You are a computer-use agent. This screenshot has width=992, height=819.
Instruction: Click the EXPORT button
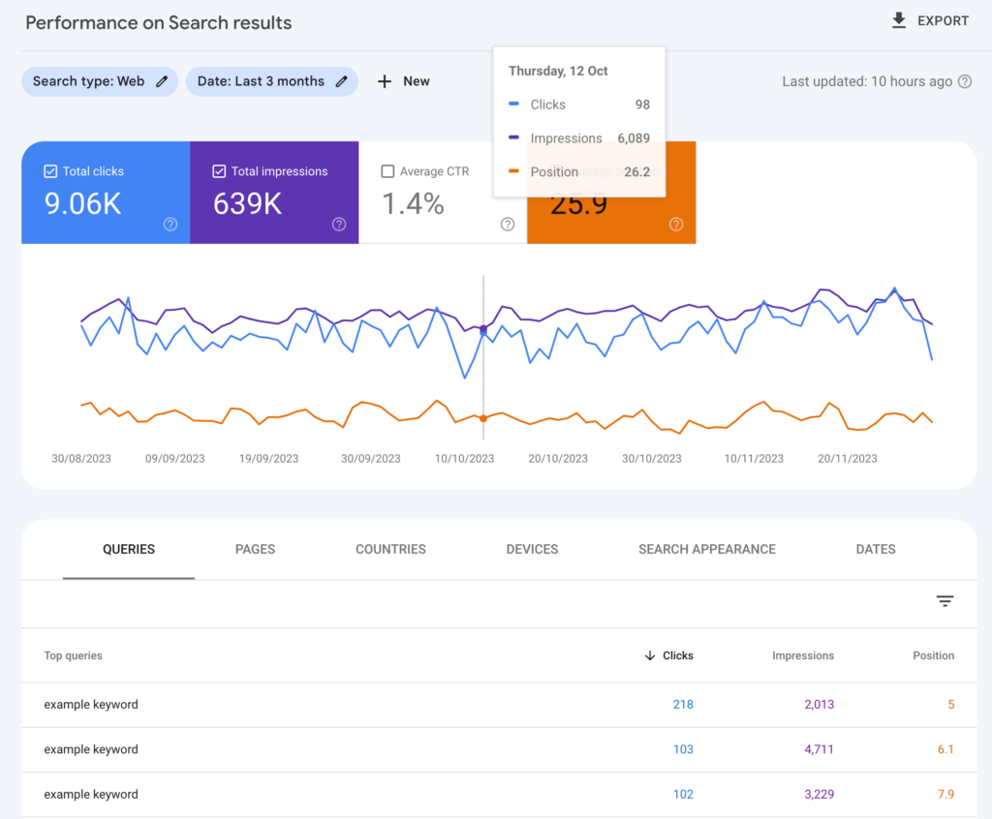click(930, 21)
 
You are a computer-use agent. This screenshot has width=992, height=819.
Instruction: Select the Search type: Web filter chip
click(100, 81)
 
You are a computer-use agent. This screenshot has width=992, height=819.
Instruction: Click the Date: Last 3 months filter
click(271, 81)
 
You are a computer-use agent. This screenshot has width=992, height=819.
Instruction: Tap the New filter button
click(404, 81)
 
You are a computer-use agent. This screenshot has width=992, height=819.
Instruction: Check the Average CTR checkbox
click(387, 171)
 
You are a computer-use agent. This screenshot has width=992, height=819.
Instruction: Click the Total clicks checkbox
click(50, 171)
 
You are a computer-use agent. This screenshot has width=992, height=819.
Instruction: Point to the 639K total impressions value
click(247, 204)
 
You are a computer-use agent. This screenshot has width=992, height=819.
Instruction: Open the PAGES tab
click(255, 549)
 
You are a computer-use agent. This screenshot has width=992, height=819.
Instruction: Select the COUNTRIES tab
click(390, 549)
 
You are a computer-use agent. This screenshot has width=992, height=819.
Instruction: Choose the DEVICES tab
click(532, 549)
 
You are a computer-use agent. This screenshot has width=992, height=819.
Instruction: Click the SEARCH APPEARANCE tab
click(706, 549)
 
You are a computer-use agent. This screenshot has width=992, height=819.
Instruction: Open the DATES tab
click(875, 549)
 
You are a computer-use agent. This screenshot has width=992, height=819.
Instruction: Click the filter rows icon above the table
click(945, 601)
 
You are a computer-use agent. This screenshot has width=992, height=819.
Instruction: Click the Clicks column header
click(677, 655)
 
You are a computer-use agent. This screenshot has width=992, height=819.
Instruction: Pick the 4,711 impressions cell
click(819, 749)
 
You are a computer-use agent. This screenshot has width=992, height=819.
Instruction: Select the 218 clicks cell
click(683, 705)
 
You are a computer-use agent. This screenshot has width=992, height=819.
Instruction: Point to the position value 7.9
click(945, 794)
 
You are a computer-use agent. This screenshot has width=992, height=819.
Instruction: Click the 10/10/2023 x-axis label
click(465, 459)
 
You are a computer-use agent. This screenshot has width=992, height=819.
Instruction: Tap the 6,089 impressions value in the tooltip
click(634, 138)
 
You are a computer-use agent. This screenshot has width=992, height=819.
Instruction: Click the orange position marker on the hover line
click(483, 418)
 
